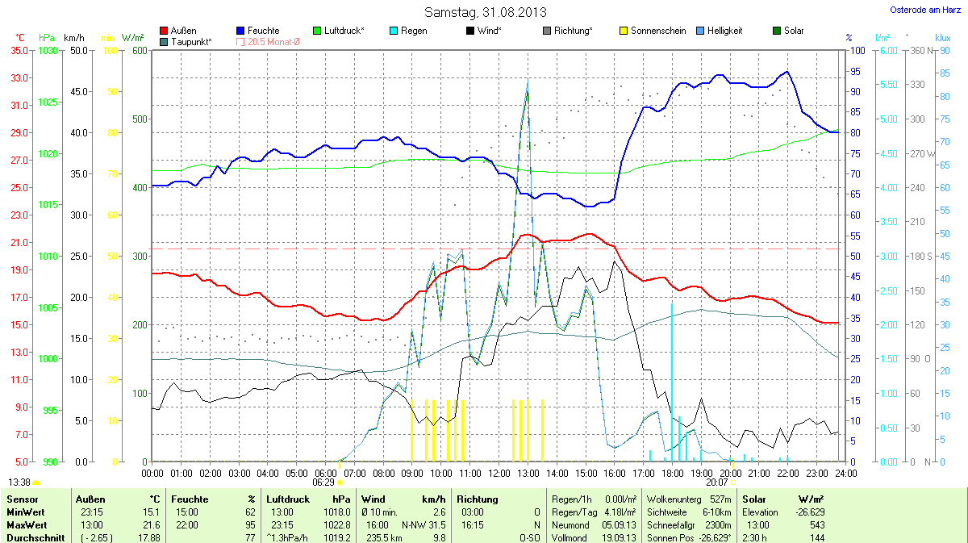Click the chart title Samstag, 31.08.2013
(485, 12)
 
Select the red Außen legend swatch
(165, 31)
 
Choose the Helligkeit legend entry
(724, 31)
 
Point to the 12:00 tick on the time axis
(499, 472)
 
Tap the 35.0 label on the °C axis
(19, 50)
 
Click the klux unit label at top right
(942, 37)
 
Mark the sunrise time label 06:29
(323, 482)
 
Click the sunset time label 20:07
(716, 482)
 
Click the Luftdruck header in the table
(287, 499)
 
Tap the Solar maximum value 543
(818, 524)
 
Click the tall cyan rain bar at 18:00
(672, 379)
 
